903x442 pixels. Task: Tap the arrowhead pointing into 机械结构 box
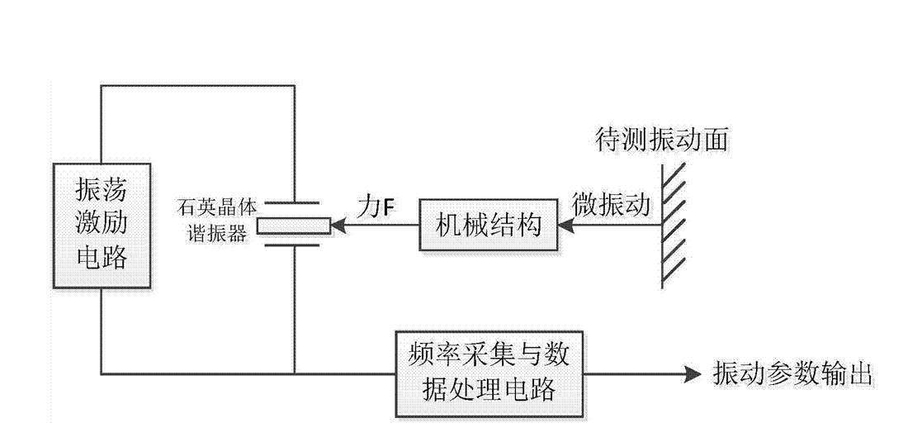pos(563,224)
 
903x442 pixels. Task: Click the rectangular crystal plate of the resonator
pos(294,224)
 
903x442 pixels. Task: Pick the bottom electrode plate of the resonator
pos(294,245)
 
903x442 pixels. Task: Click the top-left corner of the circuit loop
pos(102,86)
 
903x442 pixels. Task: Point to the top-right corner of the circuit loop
pos(294,86)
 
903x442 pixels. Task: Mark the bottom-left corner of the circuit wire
pos(102,373)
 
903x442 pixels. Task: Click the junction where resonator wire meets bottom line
pos(294,373)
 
